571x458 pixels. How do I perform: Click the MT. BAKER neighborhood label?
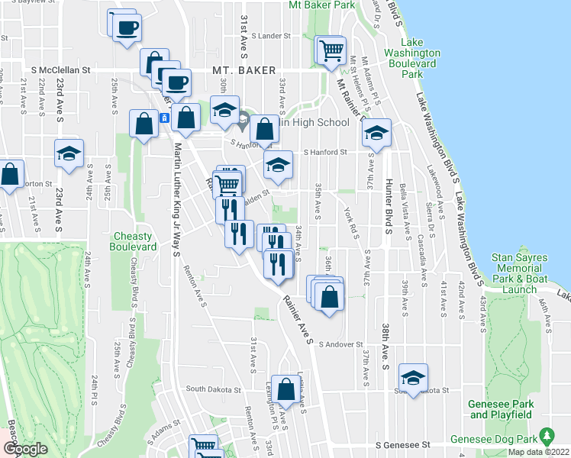pos(244,70)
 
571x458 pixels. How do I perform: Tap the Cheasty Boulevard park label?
pos(135,241)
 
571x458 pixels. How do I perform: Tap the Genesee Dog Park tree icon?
pos(547,437)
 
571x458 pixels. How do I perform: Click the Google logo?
pos(25,449)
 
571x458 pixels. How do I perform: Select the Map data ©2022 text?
pos(538,452)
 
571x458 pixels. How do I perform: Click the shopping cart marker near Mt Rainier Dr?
pos(331,52)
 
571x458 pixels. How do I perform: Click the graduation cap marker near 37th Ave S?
pos(376,133)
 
